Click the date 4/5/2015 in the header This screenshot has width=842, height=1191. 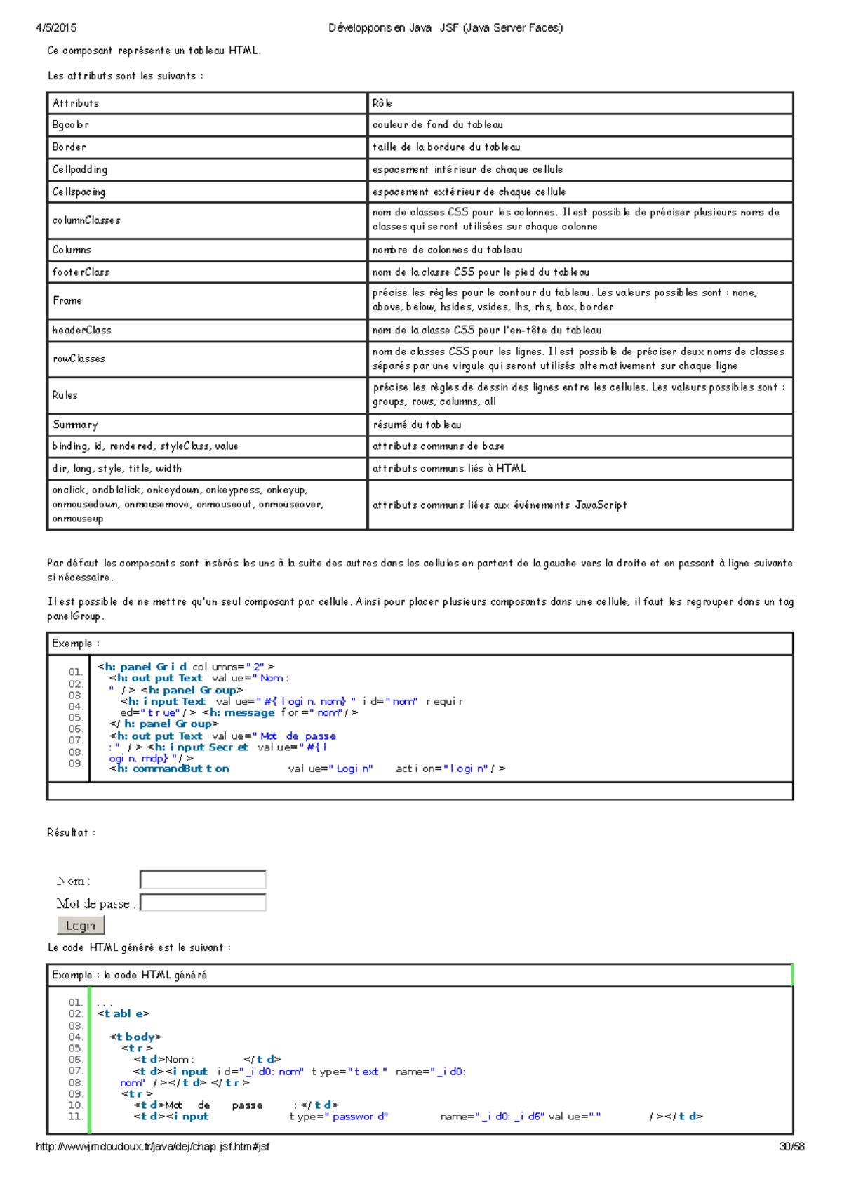[x=56, y=28]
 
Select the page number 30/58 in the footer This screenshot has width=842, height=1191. [x=791, y=1147]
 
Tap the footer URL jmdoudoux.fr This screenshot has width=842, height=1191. [x=152, y=1147]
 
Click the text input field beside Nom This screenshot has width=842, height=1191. [x=203, y=879]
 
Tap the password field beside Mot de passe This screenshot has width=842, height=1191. [x=203, y=903]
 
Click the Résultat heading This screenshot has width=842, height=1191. [x=71, y=832]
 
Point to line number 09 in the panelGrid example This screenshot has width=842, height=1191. [x=76, y=764]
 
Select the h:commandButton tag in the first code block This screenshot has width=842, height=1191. [x=170, y=769]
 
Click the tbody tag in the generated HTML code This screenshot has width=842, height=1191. [x=135, y=1037]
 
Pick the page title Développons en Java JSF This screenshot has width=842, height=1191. [x=446, y=28]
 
